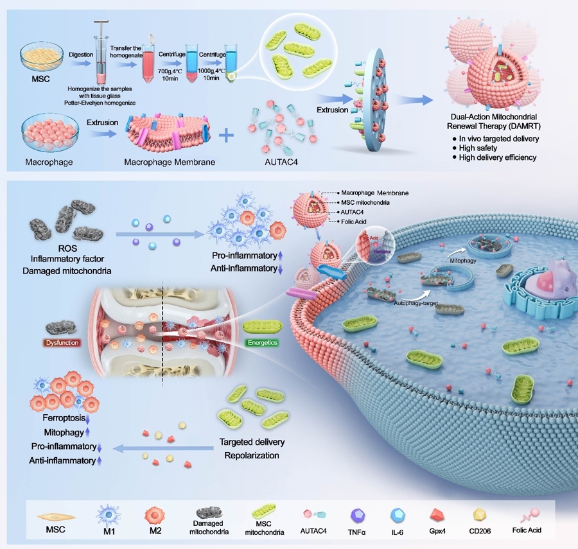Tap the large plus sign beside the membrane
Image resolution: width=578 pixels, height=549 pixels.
tap(227, 136)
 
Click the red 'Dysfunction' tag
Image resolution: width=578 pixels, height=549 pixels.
tap(63, 343)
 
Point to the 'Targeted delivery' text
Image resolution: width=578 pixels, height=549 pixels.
tap(252, 442)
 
